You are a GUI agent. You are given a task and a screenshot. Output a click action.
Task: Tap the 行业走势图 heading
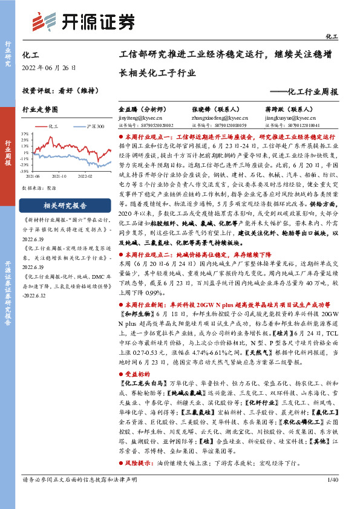40,110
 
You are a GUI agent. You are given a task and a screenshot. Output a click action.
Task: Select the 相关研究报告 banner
65,205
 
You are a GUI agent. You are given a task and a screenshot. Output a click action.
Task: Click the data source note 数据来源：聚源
39,188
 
